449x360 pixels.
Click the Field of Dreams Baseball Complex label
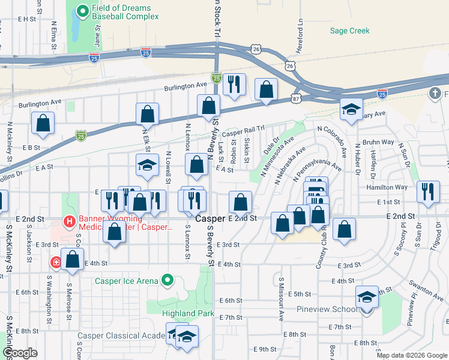[x=125, y=13]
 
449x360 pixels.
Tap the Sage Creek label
[x=350, y=31]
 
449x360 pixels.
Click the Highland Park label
[x=188, y=313]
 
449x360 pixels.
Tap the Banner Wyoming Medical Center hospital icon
[x=70, y=222]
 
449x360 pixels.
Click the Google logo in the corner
[x=20, y=353]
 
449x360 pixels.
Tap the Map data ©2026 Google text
[x=412, y=355]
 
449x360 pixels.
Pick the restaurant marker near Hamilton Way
[x=427, y=193]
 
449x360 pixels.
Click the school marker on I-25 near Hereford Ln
[x=351, y=109]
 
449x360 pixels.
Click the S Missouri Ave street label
[x=280, y=298]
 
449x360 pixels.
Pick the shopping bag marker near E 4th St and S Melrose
[x=73, y=260]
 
